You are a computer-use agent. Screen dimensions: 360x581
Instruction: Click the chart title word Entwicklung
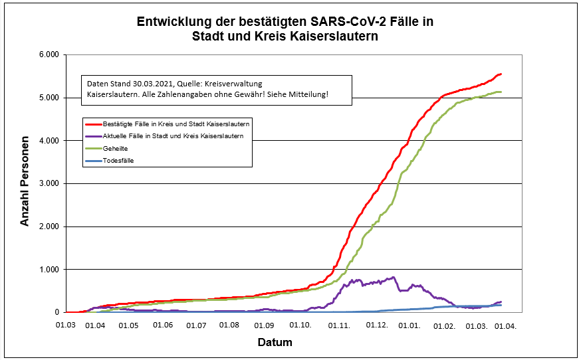[x=175, y=22]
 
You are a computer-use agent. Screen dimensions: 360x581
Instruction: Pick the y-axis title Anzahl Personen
[x=25, y=183]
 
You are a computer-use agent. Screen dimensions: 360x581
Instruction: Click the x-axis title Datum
[x=275, y=343]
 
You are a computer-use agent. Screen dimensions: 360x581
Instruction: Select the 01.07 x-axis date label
[x=196, y=325]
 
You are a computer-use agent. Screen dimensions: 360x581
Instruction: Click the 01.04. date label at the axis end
[x=505, y=325]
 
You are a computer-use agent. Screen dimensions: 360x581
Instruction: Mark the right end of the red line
[x=501, y=74]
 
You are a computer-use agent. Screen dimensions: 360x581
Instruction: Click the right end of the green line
[x=501, y=92]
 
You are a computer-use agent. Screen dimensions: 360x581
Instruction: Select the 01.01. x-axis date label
[x=410, y=325]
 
